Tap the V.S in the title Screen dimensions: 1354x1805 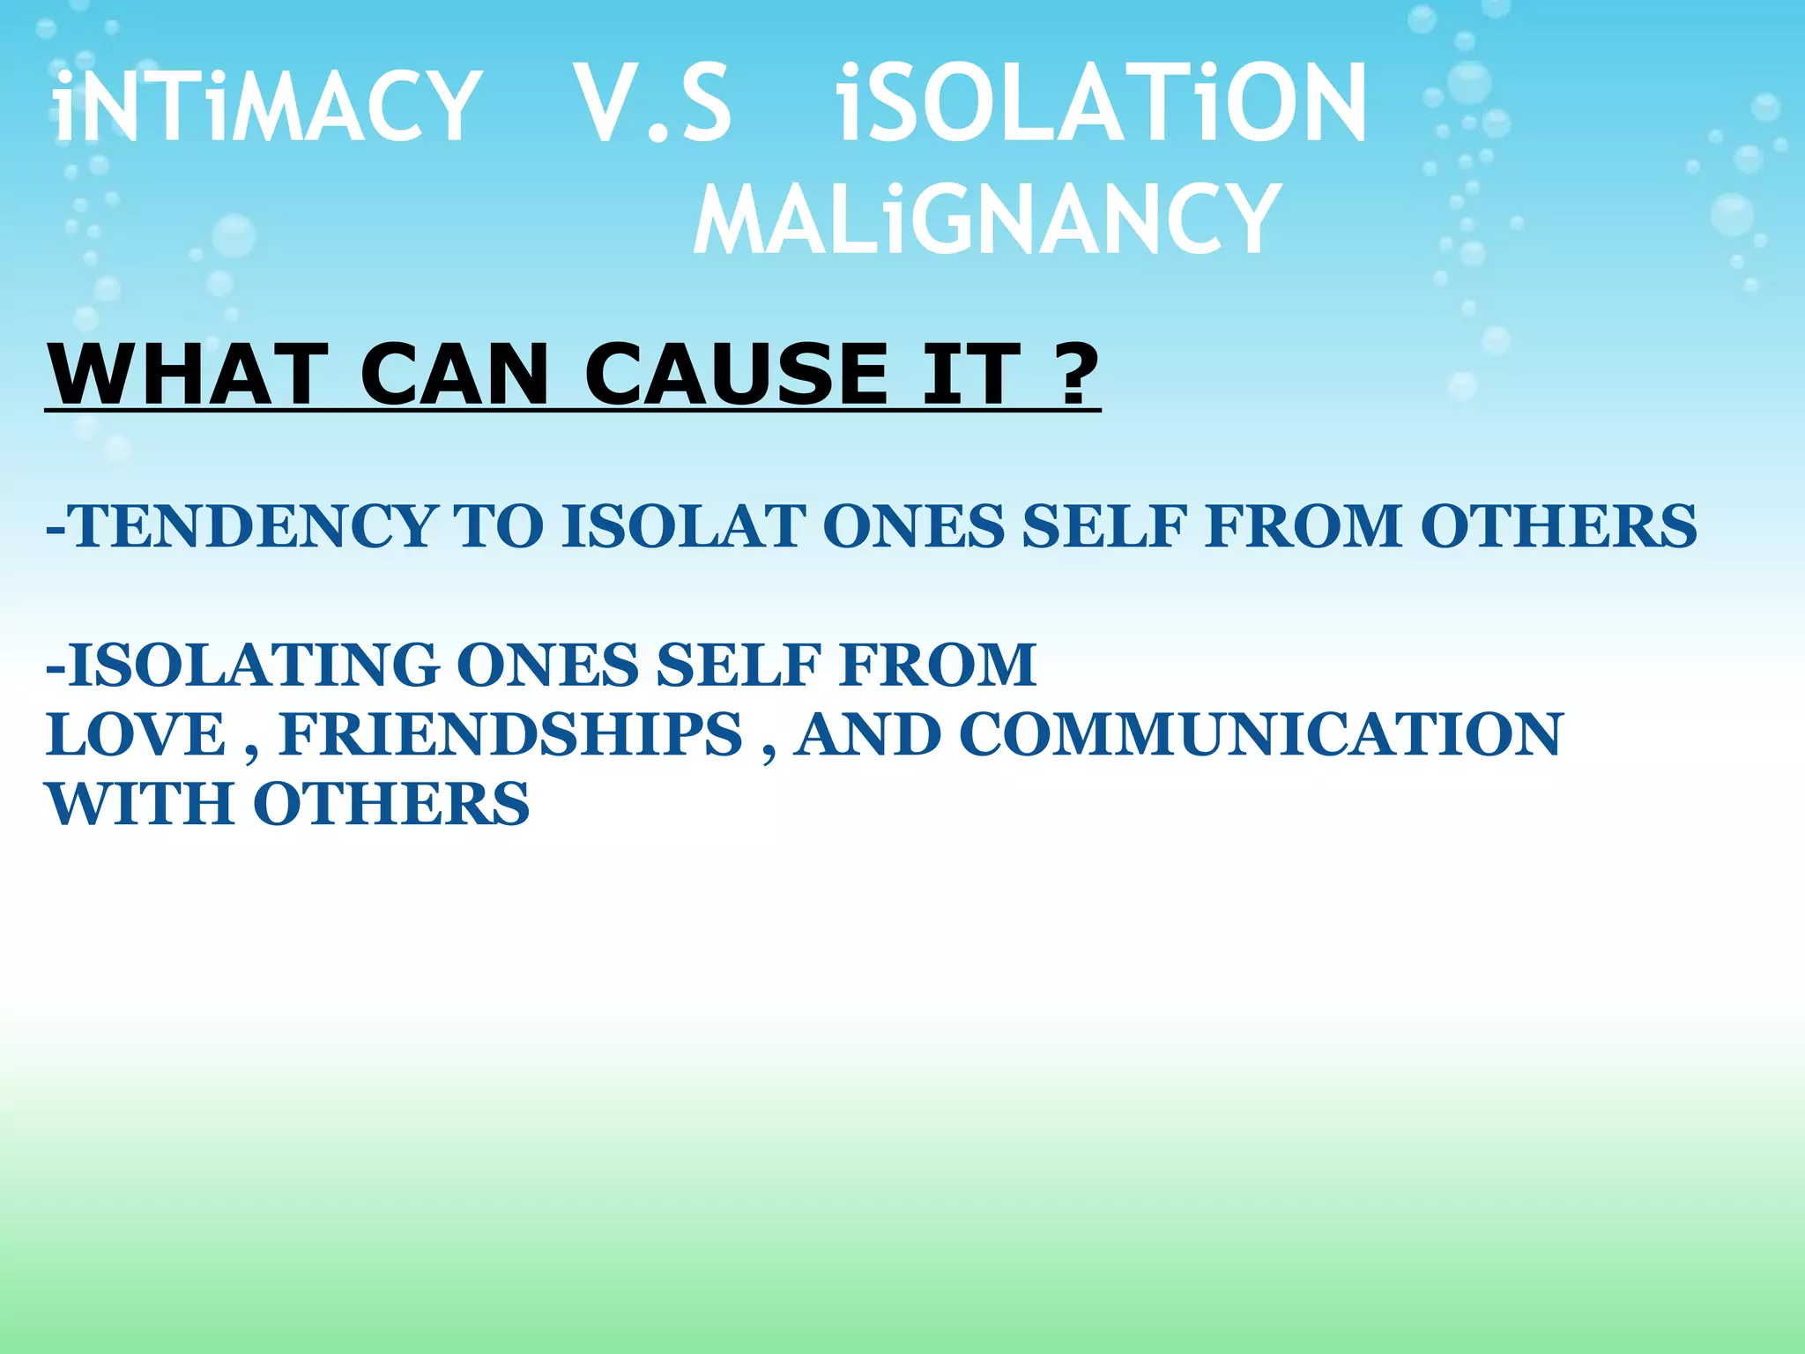tap(652, 105)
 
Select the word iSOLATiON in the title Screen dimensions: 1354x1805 tap(1102, 105)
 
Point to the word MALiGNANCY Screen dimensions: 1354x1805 tap(986, 219)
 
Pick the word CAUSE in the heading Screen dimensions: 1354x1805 tap(737, 374)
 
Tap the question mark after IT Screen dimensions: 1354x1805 tap(1074, 374)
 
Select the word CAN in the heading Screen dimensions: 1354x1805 tap(456, 374)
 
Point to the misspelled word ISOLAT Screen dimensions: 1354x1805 tap(683, 526)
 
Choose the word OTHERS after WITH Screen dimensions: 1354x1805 tap(391, 804)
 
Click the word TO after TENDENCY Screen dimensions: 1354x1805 tap(498, 526)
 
